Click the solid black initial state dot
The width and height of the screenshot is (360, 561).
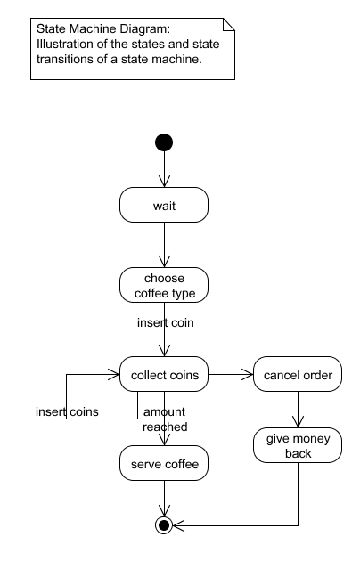pyautogui.click(x=164, y=142)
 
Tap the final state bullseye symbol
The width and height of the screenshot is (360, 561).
pyautogui.click(x=164, y=525)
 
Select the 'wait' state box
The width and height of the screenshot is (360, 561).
pyautogui.click(x=164, y=205)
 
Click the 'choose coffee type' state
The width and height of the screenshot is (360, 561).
pyautogui.click(x=164, y=285)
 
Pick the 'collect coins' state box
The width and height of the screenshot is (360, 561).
pyautogui.click(x=164, y=374)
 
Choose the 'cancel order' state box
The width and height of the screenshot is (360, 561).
pyautogui.click(x=298, y=374)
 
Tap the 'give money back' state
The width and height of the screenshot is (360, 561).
pyautogui.click(x=298, y=445)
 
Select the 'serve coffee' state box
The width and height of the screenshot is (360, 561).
pyautogui.click(x=164, y=463)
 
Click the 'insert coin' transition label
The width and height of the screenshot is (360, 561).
pyautogui.click(x=166, y=322)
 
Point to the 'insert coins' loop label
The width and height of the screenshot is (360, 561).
pyautogui.click(x=67, y=411)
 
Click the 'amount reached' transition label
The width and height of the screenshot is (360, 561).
pyautogui.click(x=165, y=419)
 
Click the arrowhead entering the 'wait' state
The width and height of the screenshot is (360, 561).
pyautogui.click(x=164, y=182)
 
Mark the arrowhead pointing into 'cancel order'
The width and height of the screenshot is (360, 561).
pyautogui.click(x=248, y=374)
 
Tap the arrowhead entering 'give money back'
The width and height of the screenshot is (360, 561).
pyautogui.click(x=299, y=422)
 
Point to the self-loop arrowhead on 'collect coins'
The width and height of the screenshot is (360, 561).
pyautogui.click(x=114, y=374)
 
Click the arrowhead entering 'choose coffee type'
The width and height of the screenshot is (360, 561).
pyautogui.click(x=164, y=262)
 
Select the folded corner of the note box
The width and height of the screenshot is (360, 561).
pyautogui.click(x=229, y=24)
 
